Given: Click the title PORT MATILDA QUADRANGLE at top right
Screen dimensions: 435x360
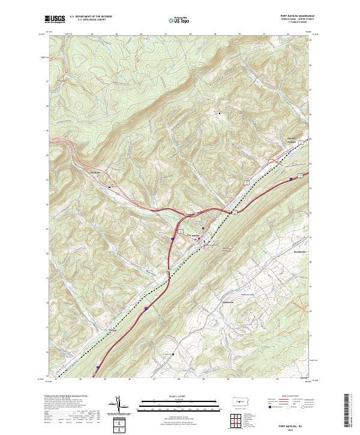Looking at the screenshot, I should [x=288, y=16].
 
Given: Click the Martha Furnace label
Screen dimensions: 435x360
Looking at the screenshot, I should [x=293, y=142].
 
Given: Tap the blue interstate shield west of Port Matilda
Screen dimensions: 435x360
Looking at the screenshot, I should [x=172, y=238].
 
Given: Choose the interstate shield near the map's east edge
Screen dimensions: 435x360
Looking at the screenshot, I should [x=292, y=178].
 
